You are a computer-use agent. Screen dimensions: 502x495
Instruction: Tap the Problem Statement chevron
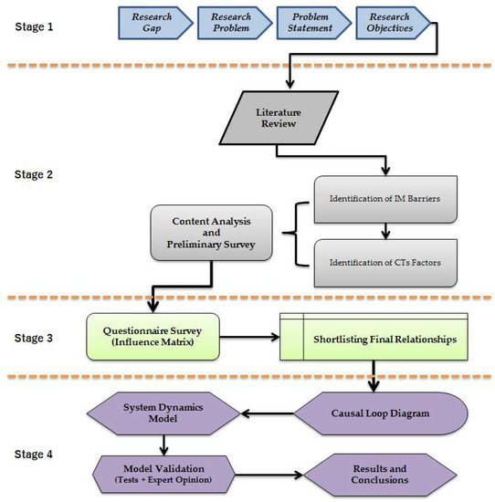[x=310, y=24]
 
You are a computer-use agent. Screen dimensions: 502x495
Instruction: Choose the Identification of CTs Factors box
[x=386, y=263]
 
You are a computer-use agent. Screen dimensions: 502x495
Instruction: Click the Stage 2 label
[x=34, y=171]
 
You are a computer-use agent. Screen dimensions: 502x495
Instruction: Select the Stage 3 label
[x=34, y=337]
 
